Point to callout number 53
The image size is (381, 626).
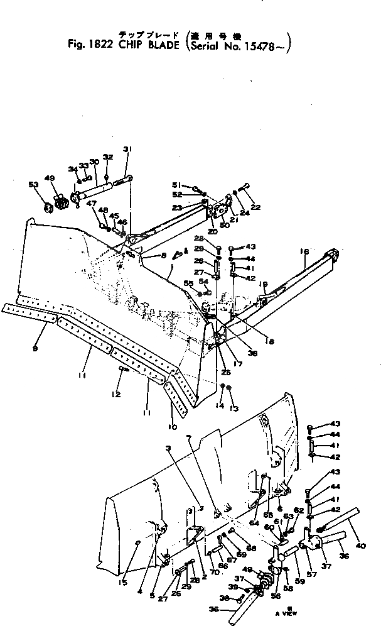click(33, 185)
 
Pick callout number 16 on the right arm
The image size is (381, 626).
click(304, 251)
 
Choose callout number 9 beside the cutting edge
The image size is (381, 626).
click(35, 349)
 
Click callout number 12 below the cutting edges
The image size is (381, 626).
click(115, 395)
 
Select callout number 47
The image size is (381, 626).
click(91, 204)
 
